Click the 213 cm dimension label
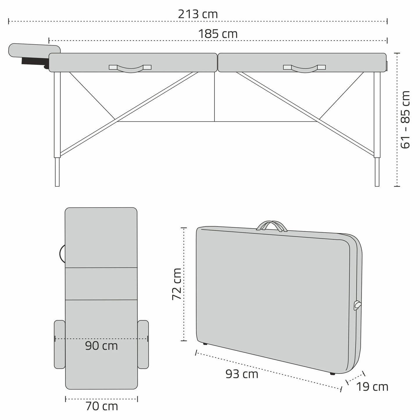(x=198, y=14)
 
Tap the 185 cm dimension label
(x=218, y=34)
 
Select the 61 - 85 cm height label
(x=405, y=120)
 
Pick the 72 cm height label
(x=177, y=284)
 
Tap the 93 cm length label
(x=242, y=374)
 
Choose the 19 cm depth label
(x=372, y=387)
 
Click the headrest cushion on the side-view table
(x=34, y=51)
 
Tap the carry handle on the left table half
(x=130, y=68)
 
